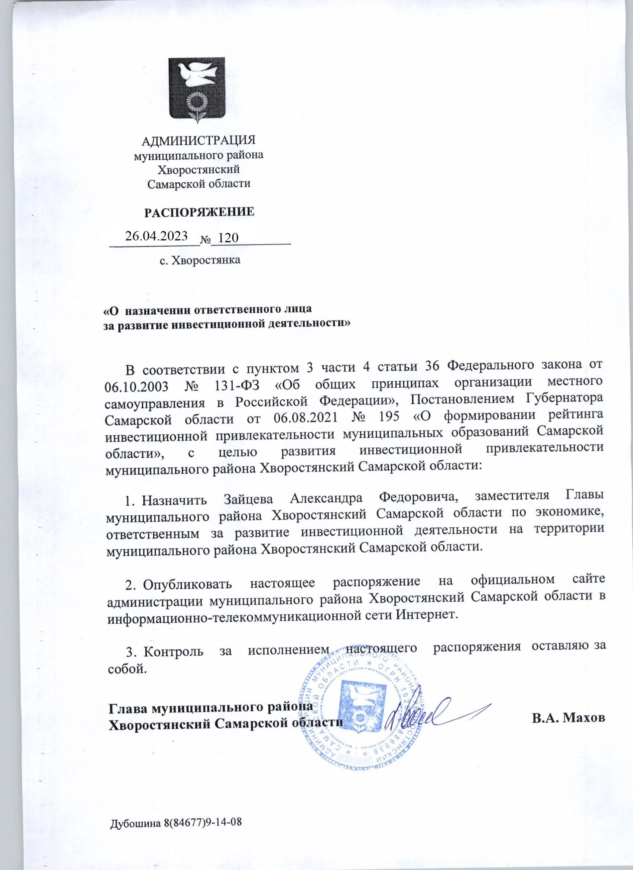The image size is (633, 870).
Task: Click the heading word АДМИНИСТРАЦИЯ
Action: [x=199, y=140]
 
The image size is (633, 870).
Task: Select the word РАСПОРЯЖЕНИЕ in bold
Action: [x=199, y=212]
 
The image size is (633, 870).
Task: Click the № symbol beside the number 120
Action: [x=206, y=240]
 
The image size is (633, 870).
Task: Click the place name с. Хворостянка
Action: [x=200, y=260]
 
